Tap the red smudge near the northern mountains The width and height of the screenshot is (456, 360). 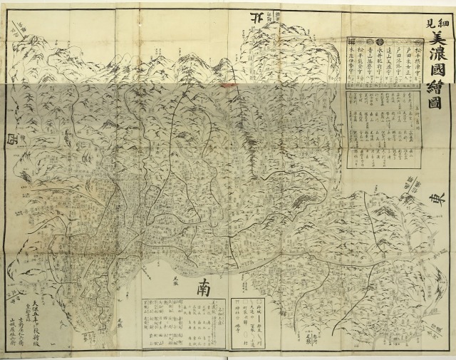click(229, 81)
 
